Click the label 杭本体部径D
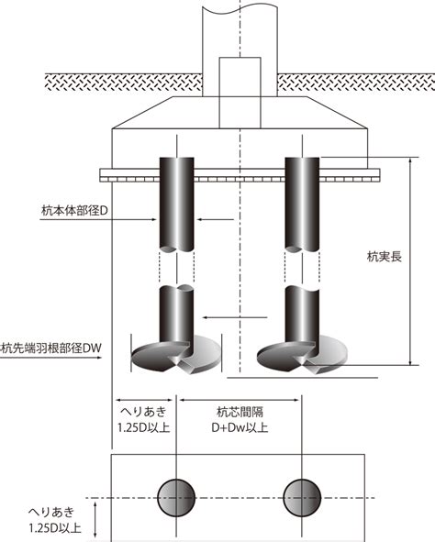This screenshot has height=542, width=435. (74, 211)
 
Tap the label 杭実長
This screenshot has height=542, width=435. (385, 257)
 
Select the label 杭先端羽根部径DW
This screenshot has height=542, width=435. (51, 348)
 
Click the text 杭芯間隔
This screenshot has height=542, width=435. (240, 412)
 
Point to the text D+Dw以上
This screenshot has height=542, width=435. (240, 427)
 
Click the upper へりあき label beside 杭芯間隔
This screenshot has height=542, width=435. (143, 412)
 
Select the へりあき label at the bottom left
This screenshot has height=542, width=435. (51, 512)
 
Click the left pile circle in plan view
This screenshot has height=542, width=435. (176, 498)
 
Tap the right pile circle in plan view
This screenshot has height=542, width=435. (302, 498)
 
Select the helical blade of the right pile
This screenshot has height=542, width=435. (302, 357)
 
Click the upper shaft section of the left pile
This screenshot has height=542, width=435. (176, 205)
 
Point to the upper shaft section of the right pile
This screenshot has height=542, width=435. (302, 205)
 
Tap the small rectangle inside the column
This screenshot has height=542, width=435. (240, 93)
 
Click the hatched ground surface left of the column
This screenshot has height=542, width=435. (124, 83)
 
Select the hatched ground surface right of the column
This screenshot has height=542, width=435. (356, 83)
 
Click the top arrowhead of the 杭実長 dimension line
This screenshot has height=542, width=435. (410, 160)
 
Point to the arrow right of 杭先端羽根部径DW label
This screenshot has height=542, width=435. (50, 358)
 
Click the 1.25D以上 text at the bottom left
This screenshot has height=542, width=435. (55, 528)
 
